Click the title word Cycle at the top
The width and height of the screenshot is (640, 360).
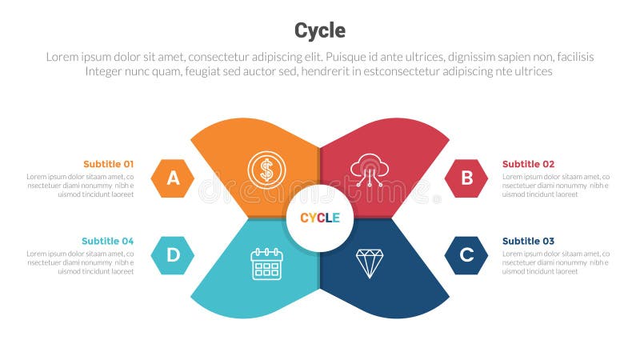(320, 30)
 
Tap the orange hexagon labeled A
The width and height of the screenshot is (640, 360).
(173, 178)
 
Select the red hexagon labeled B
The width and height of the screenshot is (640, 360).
(466, 178)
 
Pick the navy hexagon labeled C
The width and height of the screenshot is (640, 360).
(466, 255)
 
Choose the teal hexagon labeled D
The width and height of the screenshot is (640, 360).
(173, 255)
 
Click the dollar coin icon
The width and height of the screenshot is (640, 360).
(266, 170)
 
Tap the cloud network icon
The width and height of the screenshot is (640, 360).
(370, 170)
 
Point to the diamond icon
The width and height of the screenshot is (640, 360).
(370, 263)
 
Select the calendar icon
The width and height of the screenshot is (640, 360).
(266, 263)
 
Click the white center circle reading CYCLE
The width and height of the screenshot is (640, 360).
(320, 218)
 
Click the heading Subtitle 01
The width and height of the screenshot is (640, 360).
(108, 164)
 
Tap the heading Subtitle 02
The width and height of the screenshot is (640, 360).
(528, 164)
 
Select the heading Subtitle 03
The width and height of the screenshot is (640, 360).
(528, 241)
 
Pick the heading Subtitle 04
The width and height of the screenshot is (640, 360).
(108, 241)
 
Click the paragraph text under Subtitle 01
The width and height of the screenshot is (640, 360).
(80, 186)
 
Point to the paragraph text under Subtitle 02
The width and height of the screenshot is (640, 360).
(555, 186)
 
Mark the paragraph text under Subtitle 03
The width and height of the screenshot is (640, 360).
(555, 262)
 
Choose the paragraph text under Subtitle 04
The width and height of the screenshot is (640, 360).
(80, 262)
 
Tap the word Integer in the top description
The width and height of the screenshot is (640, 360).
(107, 71)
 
